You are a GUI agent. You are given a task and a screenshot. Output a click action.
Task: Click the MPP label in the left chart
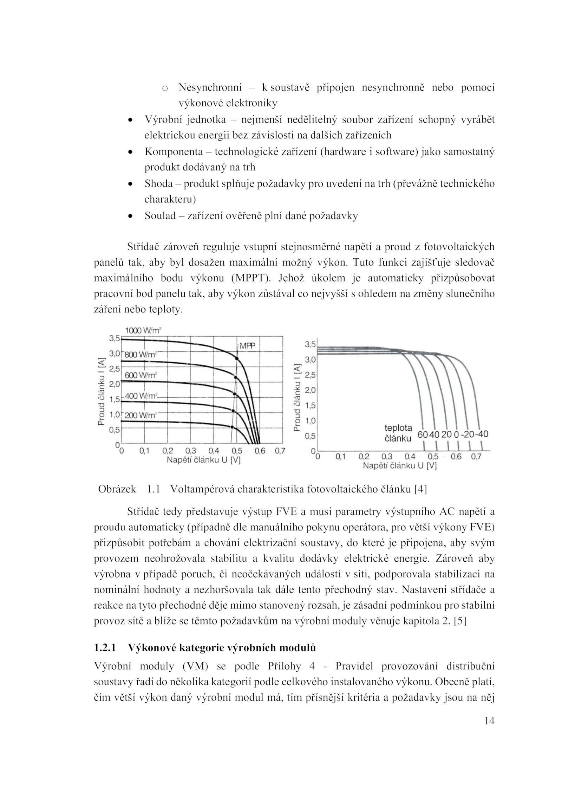[x=247, y=346]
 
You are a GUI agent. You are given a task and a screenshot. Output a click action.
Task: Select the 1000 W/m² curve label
[x=143, y=330]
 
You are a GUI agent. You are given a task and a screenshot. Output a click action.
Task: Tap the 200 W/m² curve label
[x=140, y=415]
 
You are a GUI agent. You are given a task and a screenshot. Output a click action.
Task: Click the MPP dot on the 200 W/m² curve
[x=232, y=427]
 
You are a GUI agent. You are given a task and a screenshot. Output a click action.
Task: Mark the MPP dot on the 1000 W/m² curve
[x=237, y=358]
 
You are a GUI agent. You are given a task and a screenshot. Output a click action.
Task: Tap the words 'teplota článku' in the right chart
[x=398, y=433]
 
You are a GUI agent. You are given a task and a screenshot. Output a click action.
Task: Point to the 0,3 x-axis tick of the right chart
[x=387, y=457]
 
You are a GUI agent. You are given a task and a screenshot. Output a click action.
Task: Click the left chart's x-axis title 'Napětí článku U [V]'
[x=203, y=460]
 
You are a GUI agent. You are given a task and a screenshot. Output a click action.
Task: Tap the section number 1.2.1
[x=105, y=648]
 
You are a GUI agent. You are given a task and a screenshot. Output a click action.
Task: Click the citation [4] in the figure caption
[x=420, y=489]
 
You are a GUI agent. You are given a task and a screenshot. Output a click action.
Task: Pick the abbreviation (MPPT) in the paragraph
[x=251, y=278]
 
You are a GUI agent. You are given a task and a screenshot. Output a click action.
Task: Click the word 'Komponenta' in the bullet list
[x=174, y=152]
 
